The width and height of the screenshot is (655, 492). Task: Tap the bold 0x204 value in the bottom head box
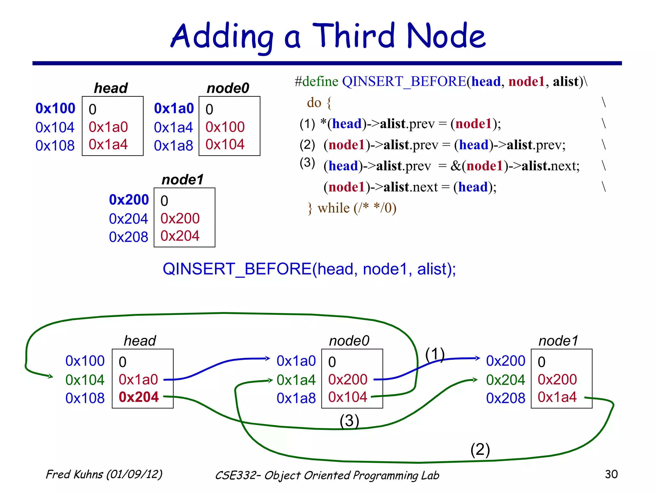[x=138, y=397]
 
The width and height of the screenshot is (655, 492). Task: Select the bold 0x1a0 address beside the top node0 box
[x=174, y=108]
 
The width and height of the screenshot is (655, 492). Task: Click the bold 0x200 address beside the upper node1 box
[x=129, y=200]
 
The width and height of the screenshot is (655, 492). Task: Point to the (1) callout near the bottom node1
[x=435, y=354]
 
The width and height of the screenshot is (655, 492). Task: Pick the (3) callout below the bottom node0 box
[x=349, y=421]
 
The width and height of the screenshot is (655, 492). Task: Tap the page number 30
[x=611, y=474]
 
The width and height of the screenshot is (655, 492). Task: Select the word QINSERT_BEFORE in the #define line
[x=404, y=81]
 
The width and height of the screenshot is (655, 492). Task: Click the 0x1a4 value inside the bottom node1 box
[x=557, y=397]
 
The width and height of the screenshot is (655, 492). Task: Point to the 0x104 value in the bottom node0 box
[x=347, y=397]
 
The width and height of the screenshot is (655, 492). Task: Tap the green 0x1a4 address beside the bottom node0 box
[x=296, y=380]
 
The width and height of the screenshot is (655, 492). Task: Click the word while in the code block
[x=334, y=208]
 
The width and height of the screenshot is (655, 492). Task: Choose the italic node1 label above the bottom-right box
[x=558, y=341]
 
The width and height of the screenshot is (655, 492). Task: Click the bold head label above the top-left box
[x=111, y=88]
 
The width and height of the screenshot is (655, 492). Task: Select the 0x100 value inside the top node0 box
[x=225, y=127]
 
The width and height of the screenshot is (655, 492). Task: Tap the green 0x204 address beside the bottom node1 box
[x=505, y=380]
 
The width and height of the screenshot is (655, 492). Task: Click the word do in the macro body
[x=314, y=103]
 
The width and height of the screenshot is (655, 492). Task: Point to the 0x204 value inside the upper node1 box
[x=180, y=236]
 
